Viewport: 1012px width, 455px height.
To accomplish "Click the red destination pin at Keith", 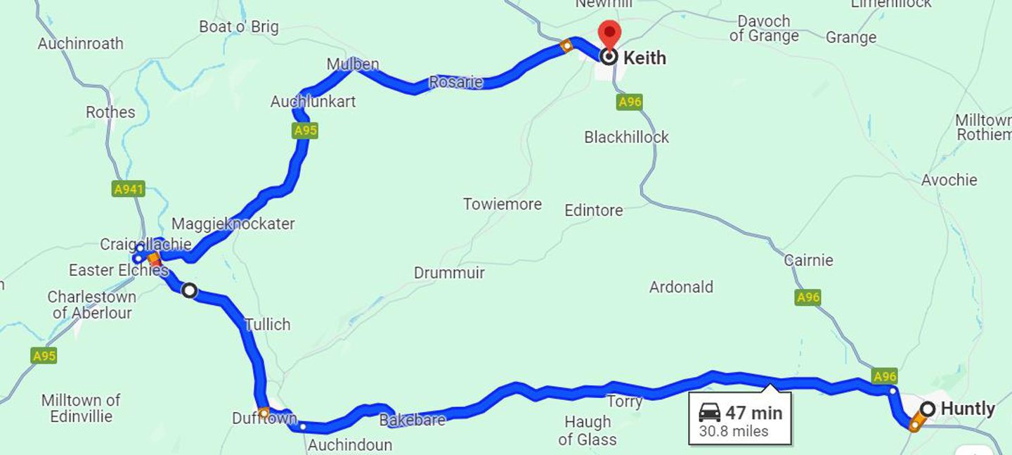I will [609, 33].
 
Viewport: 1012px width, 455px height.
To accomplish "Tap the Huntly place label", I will [967, 409].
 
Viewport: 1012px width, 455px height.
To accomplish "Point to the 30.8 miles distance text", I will [734, 431].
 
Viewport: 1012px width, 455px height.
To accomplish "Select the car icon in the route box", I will [710, 414].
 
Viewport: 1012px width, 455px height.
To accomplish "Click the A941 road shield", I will [128, 188].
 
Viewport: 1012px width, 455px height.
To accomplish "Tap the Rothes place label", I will [110, 113].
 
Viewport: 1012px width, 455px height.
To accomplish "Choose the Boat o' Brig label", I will [238, 27].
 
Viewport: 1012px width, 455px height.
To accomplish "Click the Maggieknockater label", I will [233, 224].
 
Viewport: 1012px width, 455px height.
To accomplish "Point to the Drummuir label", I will [449, 273].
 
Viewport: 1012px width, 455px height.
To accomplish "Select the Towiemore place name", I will [502, 205].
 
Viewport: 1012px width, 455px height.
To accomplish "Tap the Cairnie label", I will [808, 260].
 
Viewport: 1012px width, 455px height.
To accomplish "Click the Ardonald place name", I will [681, 287].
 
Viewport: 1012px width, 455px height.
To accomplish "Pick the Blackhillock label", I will [626, 137].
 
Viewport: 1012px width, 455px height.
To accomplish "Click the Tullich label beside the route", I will [267, 324].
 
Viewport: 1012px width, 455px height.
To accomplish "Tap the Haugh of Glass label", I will [588, 430].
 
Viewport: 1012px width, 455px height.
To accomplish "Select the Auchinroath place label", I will [80, 44].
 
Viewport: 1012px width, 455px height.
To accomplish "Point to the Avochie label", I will [949, 180].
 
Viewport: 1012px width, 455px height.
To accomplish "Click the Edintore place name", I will [593, 210].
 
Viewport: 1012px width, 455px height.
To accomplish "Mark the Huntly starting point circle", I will [928, 409].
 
